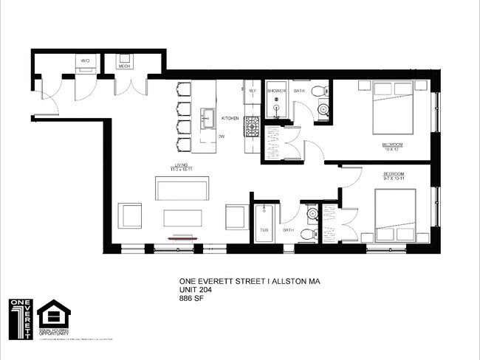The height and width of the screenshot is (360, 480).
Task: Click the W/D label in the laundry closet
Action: coord(85,60)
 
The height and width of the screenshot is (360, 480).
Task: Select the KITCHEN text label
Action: coord(230,118)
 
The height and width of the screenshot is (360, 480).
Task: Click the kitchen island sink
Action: coord(208,117)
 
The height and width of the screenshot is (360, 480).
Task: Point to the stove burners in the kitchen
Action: coord(252,125)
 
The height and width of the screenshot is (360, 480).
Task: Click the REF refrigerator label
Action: coord(252,91)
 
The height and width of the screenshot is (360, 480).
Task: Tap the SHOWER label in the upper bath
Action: coord(276,91)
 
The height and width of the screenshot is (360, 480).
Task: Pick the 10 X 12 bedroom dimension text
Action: coord(392,150)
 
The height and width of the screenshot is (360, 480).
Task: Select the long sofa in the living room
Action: coord(181,188)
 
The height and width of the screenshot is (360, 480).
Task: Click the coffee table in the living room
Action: coord(182,218)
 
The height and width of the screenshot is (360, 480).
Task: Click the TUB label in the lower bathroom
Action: coord(264,230)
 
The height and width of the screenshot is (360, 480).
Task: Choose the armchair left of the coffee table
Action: coord(131,216)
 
